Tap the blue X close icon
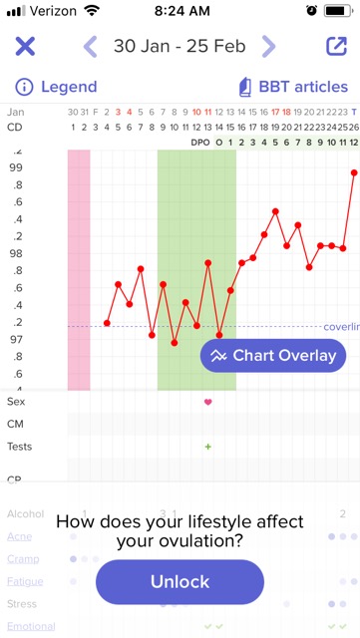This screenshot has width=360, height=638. pos(25,47)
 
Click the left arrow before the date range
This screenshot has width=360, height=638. pos(90,47)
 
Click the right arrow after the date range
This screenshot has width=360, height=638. pos(268,47)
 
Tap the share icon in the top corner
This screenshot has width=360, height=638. pos(335,47)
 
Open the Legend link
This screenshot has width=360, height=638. pos(57,87)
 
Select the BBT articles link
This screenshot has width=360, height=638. pos(288,87)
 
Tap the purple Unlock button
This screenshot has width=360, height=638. pos(180,582)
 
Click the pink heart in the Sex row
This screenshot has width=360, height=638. pos(208,402)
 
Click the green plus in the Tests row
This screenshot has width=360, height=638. pos(208,447)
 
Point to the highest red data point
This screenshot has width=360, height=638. pos(354,172)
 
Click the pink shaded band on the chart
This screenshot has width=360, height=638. pos(79,269)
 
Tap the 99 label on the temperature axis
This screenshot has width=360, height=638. pos(16,167)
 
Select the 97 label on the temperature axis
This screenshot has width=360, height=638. pos(16,340)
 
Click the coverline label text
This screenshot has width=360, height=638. pos(341,327)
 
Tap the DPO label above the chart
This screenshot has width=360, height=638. pos(200,143)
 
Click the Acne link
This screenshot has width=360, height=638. pos(19,536)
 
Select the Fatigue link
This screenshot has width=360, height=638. pos(25,581)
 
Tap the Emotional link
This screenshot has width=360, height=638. pos(31,626)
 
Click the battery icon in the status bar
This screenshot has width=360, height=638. pos(339,12)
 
